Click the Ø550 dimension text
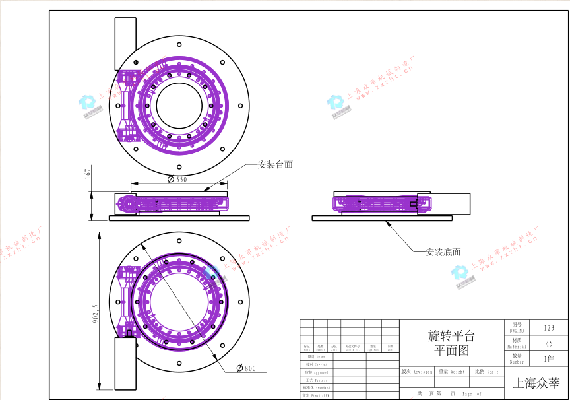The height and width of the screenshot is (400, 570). coord(177,179)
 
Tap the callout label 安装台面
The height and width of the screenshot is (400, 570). coord(275,164)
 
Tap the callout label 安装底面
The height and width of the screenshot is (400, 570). coord(443,251)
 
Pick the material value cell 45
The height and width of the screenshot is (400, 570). coord(549,343)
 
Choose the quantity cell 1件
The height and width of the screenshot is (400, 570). coord(549,359)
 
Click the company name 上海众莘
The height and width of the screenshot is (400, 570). coord(536,382)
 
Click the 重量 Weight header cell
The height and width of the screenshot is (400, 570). coord(451,372)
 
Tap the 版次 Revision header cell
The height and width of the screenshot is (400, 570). coord(417,372)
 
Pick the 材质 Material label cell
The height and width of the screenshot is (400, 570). coord(517,343)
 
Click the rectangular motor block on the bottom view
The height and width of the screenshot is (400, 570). coord(125,362)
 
